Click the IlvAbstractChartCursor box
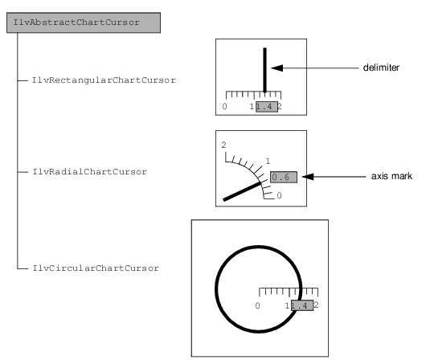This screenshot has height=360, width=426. [x=84, y=22]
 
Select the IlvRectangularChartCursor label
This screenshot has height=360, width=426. [x=104, y=80]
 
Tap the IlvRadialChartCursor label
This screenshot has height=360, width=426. [x=90, y=172]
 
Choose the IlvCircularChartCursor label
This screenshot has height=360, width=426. [x=96, y=268]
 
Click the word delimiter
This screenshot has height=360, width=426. [x=381, y=67]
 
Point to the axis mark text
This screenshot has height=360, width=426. [x=391, y=176]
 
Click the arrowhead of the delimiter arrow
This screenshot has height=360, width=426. [x=276, y=68]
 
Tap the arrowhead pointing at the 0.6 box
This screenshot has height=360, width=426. [x=308, y=177]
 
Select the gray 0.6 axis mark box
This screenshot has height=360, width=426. [x=284, y=177]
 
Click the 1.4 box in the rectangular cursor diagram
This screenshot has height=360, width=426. [x=267, y=107]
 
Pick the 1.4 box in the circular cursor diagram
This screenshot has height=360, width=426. [x=302, y=305]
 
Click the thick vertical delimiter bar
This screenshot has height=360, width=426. [x=265, y=71]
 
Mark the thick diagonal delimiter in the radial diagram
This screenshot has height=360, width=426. [x=243, y=191]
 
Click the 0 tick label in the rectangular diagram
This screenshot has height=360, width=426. [x=224, y=106]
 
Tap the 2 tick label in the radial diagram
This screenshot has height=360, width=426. [x=223, y=145]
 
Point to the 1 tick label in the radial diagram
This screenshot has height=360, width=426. [x=268, y=162]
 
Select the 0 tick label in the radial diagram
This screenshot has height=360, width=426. [x=279, y=195]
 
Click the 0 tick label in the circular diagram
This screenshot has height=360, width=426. [x=257, y=305]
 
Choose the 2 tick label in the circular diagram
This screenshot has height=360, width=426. [x=316, y=305]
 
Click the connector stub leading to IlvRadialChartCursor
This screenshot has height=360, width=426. [x=23, y=172]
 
